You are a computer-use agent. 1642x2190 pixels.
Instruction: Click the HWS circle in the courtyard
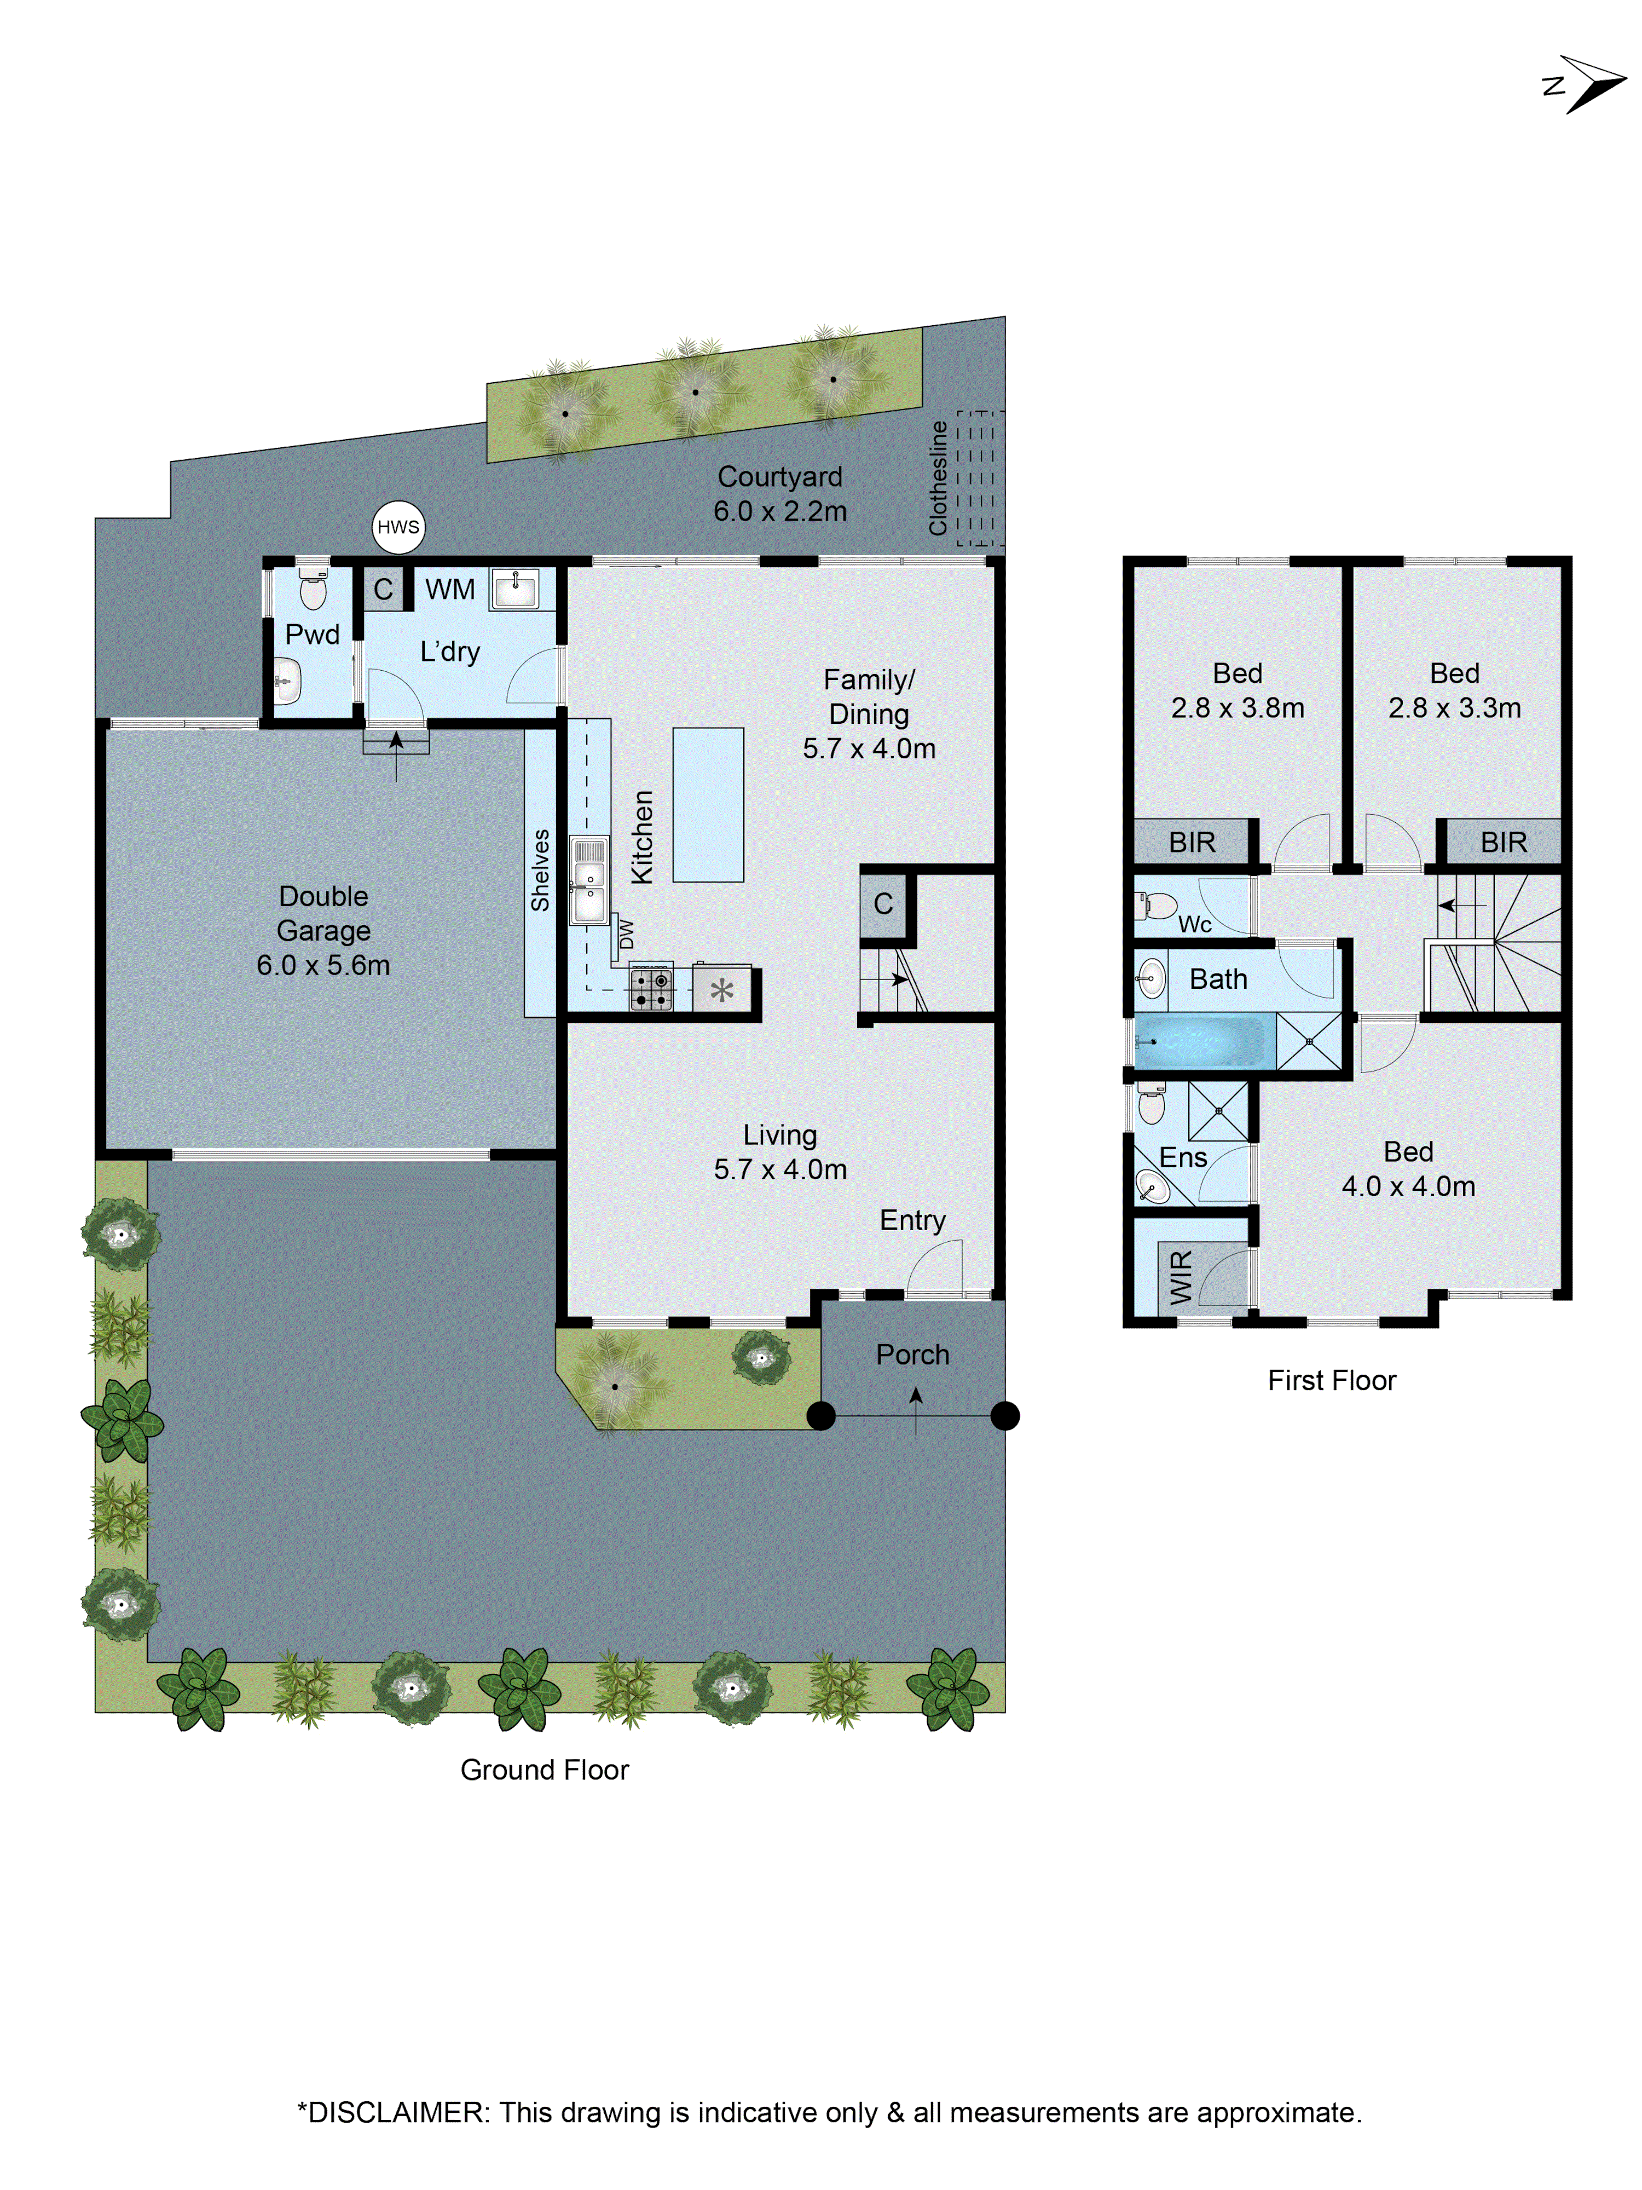pos(398,527)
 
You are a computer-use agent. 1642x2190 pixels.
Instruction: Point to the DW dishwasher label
pos(626,933)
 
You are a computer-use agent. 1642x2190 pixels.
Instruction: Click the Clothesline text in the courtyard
pos(937,478)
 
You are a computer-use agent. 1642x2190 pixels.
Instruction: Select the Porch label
pos(911,1355)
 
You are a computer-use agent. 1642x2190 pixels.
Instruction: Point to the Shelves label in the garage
pos(540,871)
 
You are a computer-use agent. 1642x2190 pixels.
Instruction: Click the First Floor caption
pos(1331,1380)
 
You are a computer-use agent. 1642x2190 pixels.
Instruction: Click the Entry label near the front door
pos(911,1220)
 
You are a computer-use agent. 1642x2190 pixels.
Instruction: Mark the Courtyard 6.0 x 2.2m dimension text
pos(780,511)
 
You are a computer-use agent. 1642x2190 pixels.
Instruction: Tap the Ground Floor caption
pos(545,1769)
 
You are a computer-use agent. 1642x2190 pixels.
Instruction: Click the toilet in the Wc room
pos(1157,905)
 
